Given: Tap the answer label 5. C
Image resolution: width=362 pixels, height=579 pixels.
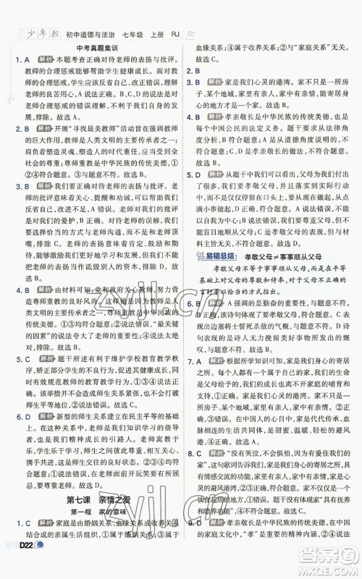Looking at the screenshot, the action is click(22, 378).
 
